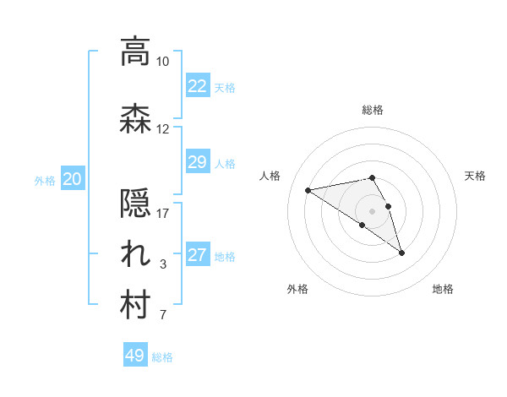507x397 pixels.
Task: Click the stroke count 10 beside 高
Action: click(163, 62)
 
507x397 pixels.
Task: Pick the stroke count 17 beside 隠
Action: click(163, 214)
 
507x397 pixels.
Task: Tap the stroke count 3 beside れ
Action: click(163, 265)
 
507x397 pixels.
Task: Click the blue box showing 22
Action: click(197, 86)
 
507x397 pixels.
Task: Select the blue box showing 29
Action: click(197, 162)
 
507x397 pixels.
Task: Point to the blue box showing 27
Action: click(197, 255)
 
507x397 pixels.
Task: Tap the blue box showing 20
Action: click(73, 179)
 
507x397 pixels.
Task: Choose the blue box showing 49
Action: click(134, 356)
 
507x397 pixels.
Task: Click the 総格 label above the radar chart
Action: click(373, 110)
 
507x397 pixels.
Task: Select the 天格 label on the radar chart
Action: click(476, 176)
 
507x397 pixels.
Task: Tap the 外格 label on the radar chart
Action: click(297, 289)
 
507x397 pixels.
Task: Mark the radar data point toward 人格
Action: click(308, 189)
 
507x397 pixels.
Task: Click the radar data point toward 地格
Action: click(401, 252)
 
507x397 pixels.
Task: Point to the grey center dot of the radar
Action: click(373, 210)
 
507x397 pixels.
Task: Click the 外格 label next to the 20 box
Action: click(45, 180)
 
